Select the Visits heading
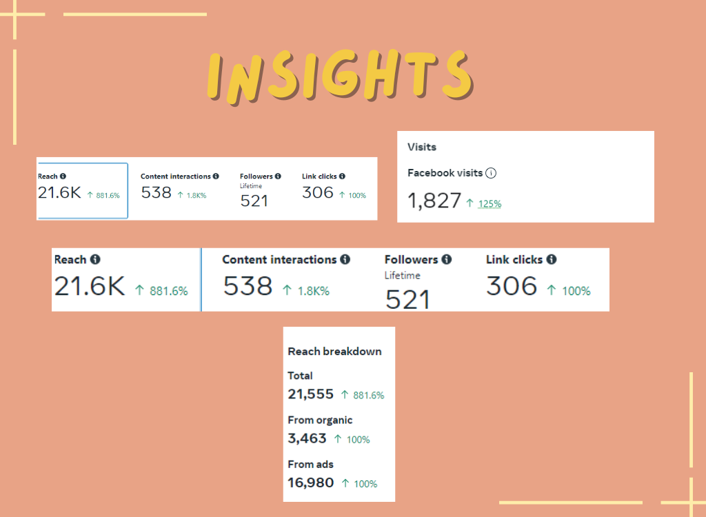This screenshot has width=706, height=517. pyautogui.click(x=422, y=147)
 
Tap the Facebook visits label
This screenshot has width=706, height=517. pyautogui.click(x=445, y=173)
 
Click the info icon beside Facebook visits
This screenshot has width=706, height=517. pyautogui.click(x=491, y=173)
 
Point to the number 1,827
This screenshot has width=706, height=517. pyautogui.click(x=434, y=201)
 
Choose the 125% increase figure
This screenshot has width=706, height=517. pyautogui.click(x=490, y=203)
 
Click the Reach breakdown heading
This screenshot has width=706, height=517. pyautogui.click(x=334, y=352)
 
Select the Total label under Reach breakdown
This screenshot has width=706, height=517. pyautogui.click(x=300, y=376)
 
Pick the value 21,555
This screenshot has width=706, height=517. pyautogui.click(x=310, y=394)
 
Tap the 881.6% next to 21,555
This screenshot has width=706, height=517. pyautogui.click(x=369, y=396)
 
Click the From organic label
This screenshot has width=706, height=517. pyautogui.click(x=320, y=420)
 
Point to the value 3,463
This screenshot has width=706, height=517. pyautogui.click(x=307, y=438)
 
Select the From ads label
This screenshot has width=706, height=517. pyautogui.click(x=310, y=464)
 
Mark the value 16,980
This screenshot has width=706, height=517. pyautogui.click(x=310, y=483)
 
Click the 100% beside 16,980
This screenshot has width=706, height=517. pyautogui.click(x=365, y=484)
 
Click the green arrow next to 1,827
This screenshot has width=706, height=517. pyautogui.click(x=470, y=203)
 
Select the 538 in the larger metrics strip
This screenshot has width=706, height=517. pyautogui.click(x=248, y=286)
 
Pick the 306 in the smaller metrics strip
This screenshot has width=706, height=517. pyautogui.click(x=318, y=192)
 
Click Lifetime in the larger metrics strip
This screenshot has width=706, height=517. pyautogui.click(x=403, y=276)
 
